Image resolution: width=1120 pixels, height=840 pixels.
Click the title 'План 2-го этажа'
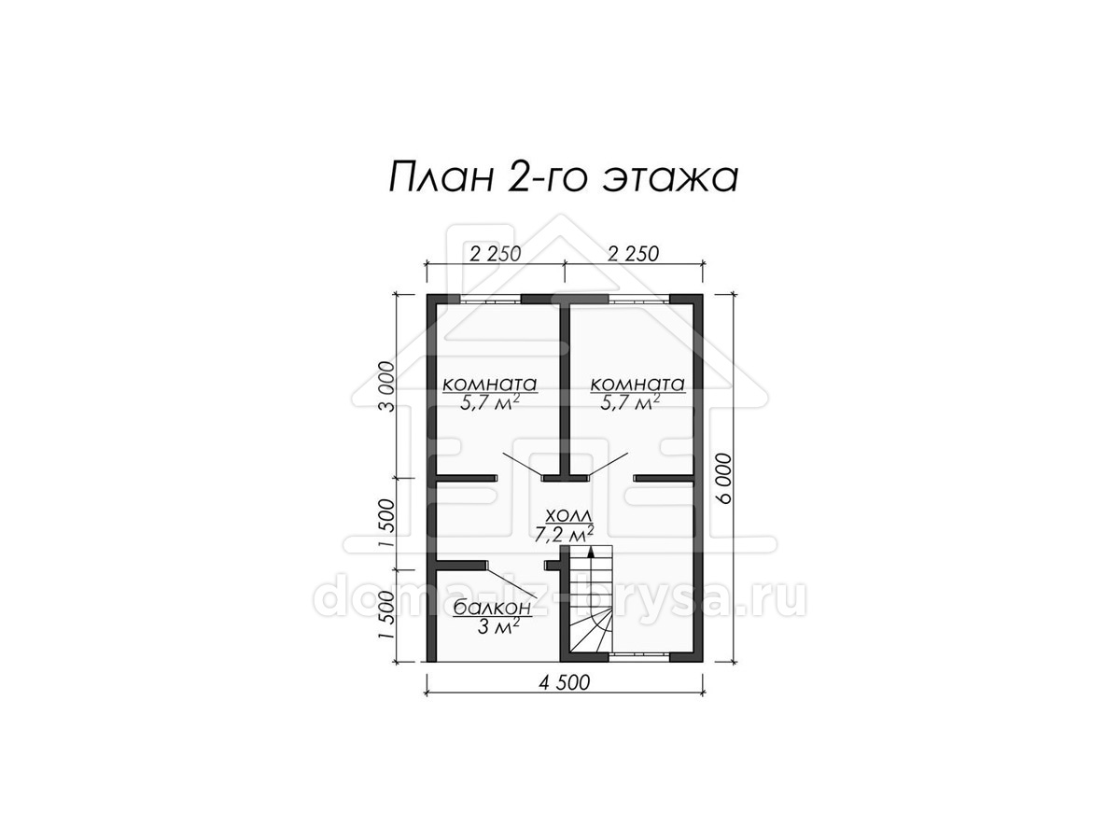coord(563,177)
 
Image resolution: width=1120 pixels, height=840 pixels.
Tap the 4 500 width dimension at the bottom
coord(564,682)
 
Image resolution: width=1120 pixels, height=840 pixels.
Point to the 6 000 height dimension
coord(723,479)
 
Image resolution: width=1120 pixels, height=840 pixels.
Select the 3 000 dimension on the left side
coord(386,386)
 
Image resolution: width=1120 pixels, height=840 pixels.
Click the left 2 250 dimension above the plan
coord(495,254)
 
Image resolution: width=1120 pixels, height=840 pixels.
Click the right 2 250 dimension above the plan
coord(633,254)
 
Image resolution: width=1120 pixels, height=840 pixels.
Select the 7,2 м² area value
coord(564,534)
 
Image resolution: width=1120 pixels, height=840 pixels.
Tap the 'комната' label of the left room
coord(489,384)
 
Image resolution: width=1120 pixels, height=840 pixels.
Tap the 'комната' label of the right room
coord(637,384)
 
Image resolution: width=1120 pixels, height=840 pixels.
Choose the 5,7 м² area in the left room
coord(490,402)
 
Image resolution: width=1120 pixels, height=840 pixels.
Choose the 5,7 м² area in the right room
coord(630,402)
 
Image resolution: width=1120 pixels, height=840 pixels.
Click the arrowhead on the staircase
coord(591,552)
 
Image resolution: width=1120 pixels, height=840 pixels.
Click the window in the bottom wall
coord(638,657)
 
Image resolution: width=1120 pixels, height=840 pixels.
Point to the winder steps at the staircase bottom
coord(591,632)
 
